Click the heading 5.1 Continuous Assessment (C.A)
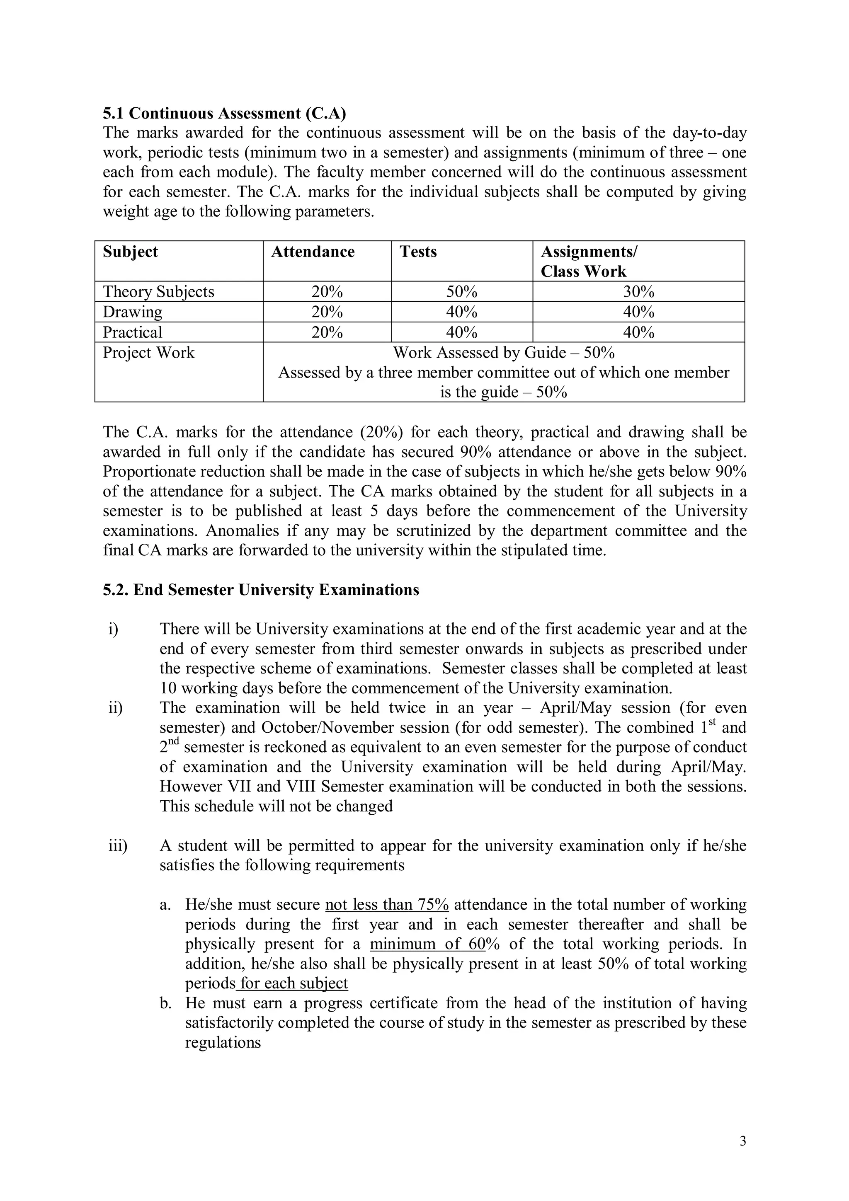(224, 113)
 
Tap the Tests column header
(418, 252)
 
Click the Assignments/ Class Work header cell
(589, 261)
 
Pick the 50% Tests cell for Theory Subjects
(461, 291)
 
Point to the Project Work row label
(148, 353)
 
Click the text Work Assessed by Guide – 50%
(503, 353)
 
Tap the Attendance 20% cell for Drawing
(327, 312)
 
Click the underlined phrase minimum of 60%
(427, 944)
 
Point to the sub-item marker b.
(166, 1003)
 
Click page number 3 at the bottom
(743, 1141)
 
